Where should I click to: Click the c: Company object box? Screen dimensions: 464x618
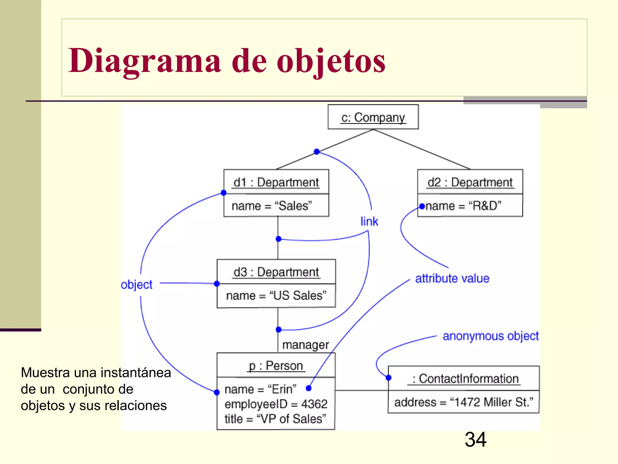pos(373,117)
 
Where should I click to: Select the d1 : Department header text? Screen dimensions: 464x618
pos(276,182)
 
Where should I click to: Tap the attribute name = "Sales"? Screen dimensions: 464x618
pos(272,206)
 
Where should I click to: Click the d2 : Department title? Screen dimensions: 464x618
pos(470,182)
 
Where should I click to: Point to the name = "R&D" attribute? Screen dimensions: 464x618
pos(463,206)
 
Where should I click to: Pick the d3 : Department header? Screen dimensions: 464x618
pos(276,272)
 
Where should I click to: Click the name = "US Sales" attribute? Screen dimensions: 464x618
pos(276,295)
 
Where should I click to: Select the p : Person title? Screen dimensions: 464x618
pos(276,366)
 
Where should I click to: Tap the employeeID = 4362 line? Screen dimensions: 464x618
pos(276,404)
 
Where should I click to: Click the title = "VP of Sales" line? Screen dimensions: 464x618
pos(275,419)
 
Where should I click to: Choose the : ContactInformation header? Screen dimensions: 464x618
pos(465,379)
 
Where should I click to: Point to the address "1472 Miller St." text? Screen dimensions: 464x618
pos(463,402)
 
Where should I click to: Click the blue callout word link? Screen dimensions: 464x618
pos(369,221)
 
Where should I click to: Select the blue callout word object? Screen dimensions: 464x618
pos(137,285)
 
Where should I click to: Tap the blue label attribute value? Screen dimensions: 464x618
pos(452,279)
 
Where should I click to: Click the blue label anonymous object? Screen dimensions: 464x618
pos(490,336)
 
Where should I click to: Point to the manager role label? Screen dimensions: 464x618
pos(305,345)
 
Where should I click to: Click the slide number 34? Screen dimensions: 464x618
pos(475,440)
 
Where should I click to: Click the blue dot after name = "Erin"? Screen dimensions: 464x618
pos(308,388)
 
